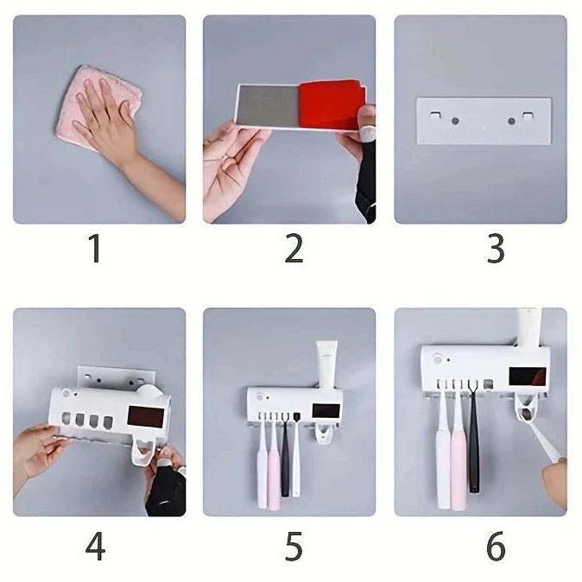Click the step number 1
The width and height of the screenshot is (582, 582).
coord(95,248)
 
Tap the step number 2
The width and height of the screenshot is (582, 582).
coord(294,248)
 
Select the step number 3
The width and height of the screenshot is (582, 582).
coord(496,248)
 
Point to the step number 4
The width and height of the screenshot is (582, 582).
coord(95,547)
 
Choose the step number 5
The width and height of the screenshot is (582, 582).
coord(294,547)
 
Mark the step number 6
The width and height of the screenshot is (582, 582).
coord(496,547)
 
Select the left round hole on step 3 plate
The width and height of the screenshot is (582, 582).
coord(455,121)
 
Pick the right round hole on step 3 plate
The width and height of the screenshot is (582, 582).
coord(511,121)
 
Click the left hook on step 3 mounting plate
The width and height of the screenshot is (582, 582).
coord(435,116)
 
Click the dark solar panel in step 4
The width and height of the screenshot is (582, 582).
coord(146,416)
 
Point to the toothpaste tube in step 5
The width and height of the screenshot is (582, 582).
coord(326,365)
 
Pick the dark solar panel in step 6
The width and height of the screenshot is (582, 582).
coord(528,376)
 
